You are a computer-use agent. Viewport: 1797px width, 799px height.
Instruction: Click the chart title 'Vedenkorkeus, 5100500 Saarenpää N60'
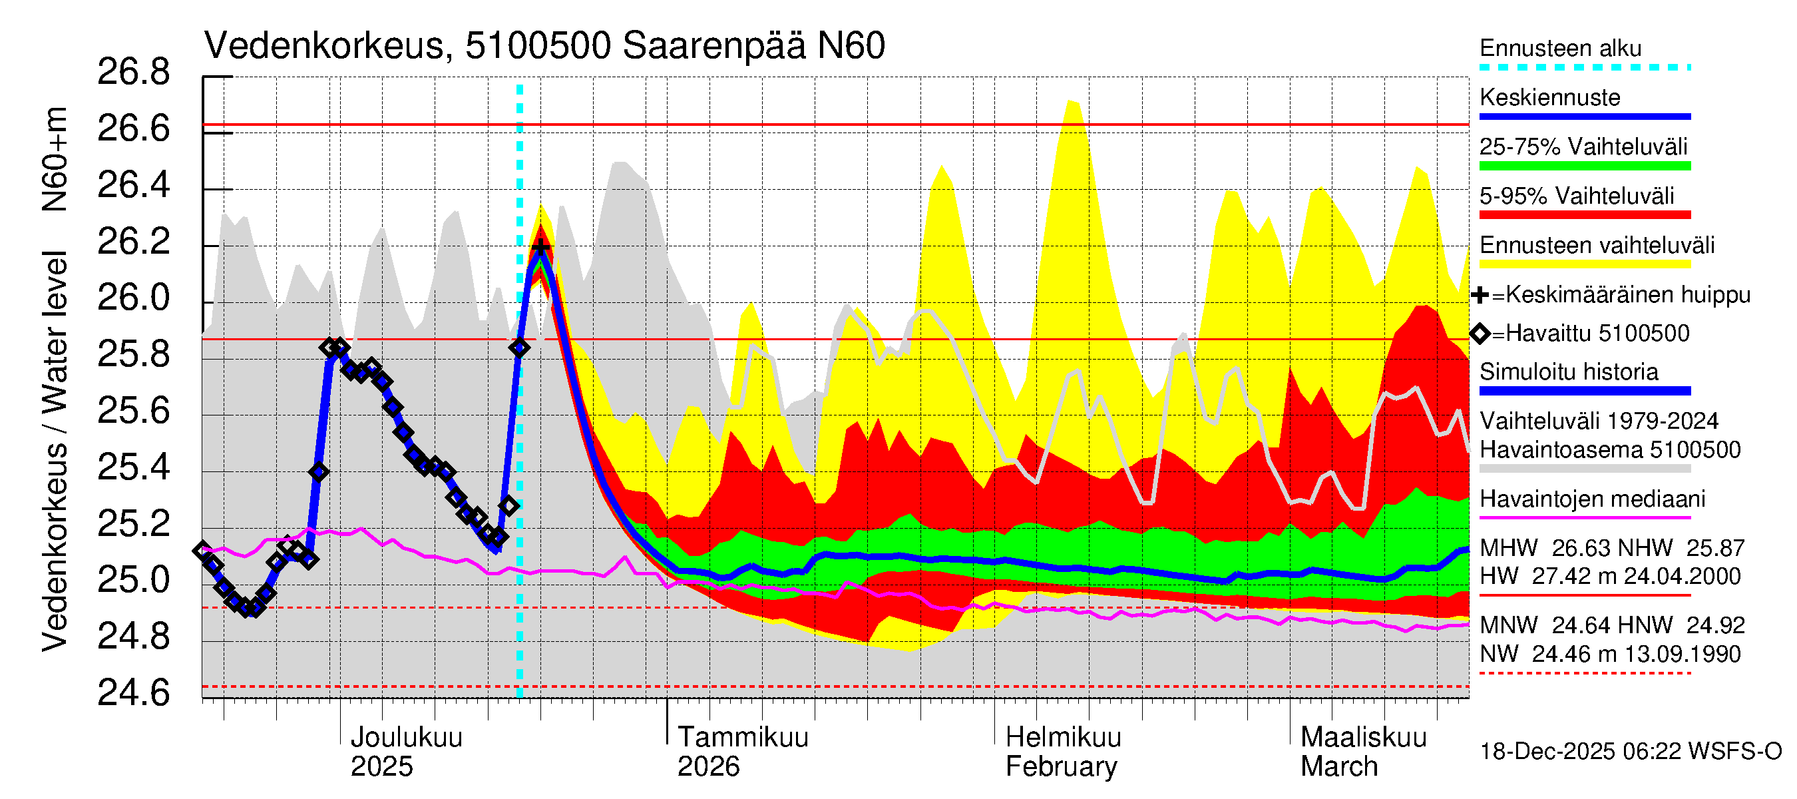(x=544, y=46)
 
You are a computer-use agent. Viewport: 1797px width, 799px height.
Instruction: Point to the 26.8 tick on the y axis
(x=133, y=73)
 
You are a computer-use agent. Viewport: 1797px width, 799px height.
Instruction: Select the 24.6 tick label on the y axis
(x=133, y=694)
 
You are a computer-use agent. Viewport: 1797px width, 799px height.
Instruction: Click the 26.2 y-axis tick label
(x=133, y=242)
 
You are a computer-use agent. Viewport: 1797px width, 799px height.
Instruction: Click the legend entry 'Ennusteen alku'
(x=1560, y=49)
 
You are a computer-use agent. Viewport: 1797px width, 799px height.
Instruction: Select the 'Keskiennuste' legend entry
(x=1549, y=98)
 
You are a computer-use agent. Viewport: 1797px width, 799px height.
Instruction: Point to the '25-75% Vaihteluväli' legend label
(x=1583, y=147)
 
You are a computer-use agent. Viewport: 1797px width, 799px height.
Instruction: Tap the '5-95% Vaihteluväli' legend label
(x=1576, y=196)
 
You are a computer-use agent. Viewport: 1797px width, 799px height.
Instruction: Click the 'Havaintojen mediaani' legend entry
(x=1592, y=499)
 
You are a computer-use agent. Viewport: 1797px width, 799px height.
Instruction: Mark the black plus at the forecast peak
(x=540, y=246)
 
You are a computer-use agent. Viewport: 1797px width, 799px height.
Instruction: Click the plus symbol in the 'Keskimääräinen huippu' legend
(x=1480, y=295)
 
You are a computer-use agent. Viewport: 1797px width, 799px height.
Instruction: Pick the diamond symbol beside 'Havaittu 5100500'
(x=1480, y=334)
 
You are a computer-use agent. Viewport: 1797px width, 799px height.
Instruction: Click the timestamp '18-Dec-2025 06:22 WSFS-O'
(x=1630, y=752)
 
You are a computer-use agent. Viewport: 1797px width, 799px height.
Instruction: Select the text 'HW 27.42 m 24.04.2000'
(x=1609, y=577)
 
